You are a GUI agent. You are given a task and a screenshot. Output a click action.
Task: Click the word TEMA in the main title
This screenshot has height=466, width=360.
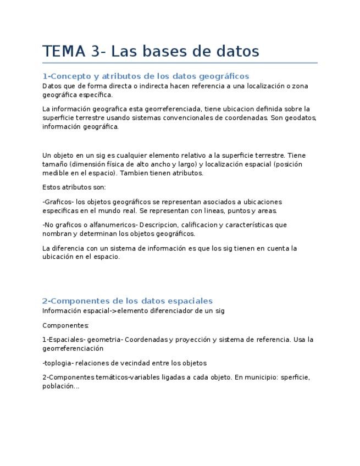pyautogui.click(x=64, y=51)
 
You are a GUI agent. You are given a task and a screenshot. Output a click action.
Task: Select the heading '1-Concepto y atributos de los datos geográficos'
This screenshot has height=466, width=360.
pyautogui.click(x=146, y=76)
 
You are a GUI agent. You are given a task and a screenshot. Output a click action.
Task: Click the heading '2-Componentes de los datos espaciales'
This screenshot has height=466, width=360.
pyautogui.click(x=128, y=301)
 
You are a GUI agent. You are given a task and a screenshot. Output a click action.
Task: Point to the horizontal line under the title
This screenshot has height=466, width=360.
pyautogui.click(x=180, y=63)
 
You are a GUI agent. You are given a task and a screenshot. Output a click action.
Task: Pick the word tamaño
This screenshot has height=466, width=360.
pyautogui.click(x=54, y=164)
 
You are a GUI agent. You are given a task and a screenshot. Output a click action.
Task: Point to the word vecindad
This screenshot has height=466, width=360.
pyautogui.click(x=139, y=363)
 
